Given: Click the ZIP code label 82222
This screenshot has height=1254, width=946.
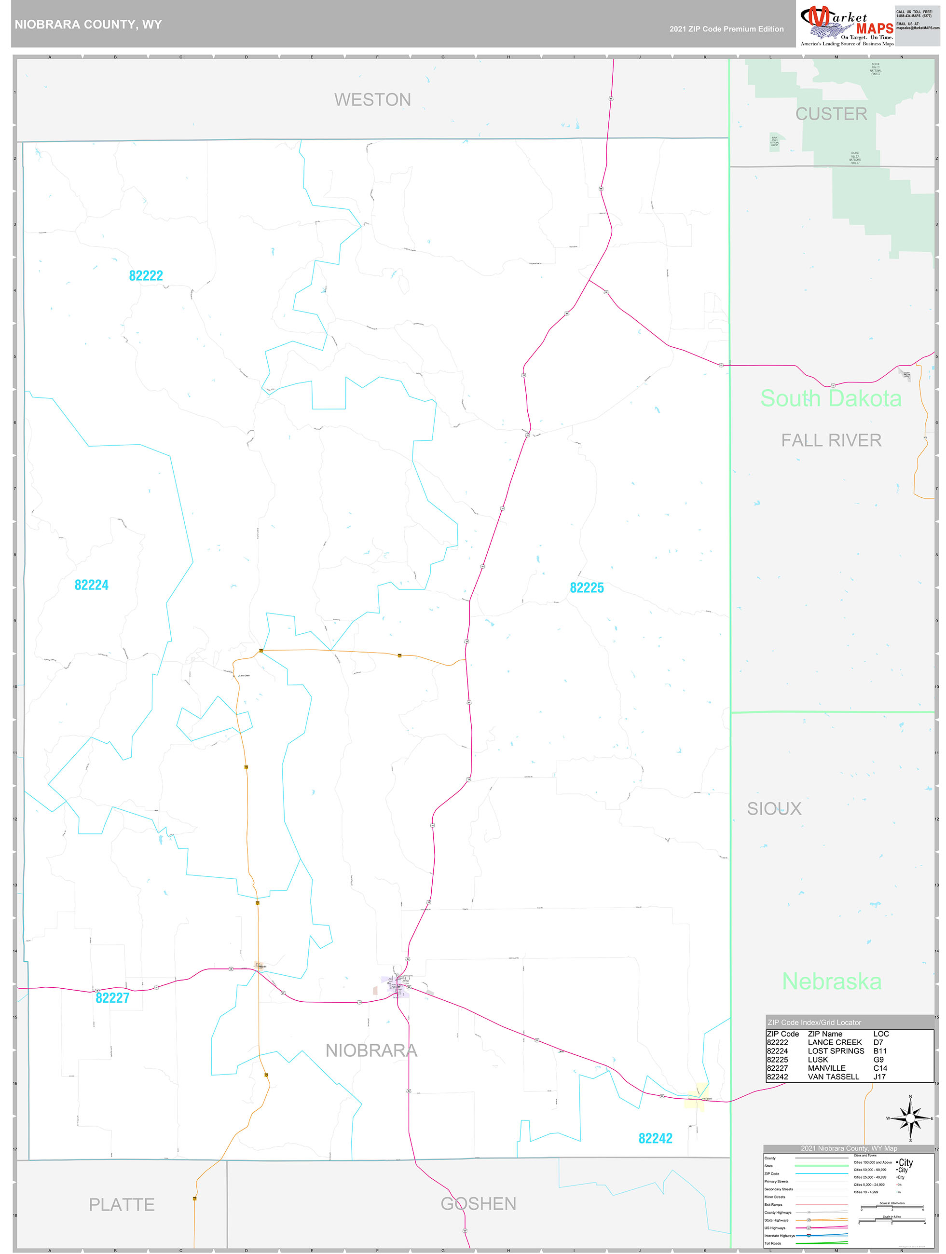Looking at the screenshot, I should click(146, 275).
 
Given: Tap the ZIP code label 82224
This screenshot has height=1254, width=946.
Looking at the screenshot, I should click(91, 585).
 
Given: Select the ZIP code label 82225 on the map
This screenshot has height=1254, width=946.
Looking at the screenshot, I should click(587, 588).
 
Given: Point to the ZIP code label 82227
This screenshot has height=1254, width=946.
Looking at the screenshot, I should click(112, 998).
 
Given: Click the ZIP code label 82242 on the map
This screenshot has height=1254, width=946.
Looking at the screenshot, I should click(655, 1138).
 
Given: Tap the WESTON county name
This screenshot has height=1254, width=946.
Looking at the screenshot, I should click(372, 100).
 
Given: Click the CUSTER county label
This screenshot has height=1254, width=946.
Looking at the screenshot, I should click(831, 114).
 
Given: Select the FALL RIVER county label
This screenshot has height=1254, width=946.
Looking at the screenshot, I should click(831, 440).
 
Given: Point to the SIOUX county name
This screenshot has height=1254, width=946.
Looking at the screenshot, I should click(774, 808).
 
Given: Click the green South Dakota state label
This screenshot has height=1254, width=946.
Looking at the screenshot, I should click(830, 398).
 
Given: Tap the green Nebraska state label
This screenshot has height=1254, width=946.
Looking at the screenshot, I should click(832, 981).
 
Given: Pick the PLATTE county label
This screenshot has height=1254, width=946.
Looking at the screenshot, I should click(122, 1205).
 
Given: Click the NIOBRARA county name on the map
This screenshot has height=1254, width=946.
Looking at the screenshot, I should click(371, 1050).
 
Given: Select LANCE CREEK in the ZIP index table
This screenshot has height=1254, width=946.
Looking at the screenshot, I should click(834, 1043).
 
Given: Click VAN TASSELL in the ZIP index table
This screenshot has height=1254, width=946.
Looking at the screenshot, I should click(833, 1077).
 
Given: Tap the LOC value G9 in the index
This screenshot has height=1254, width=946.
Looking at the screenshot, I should click(878, 1060).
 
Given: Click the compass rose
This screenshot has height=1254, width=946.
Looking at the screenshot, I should click(910, 1118).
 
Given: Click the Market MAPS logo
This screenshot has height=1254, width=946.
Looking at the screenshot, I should click(846, 25).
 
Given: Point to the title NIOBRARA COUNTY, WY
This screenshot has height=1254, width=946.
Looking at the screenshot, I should click(88, 25).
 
